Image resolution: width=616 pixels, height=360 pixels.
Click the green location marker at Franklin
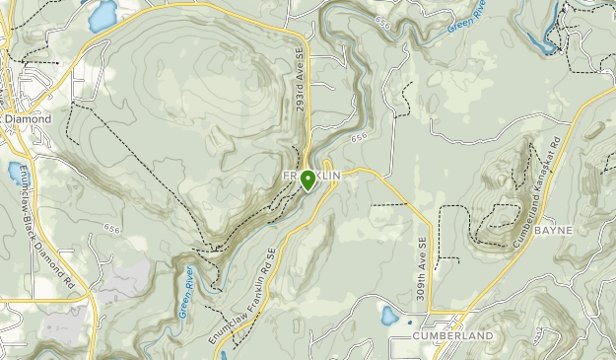click(x=308, y=180)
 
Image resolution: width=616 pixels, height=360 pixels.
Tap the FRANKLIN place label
click(x=312, y=175)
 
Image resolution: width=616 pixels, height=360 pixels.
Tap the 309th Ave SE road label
click(x=422, y=267)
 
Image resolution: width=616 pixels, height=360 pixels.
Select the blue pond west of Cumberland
click(x=390, y=317)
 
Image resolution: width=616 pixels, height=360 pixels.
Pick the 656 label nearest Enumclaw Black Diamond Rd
click(x=110, y=229)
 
